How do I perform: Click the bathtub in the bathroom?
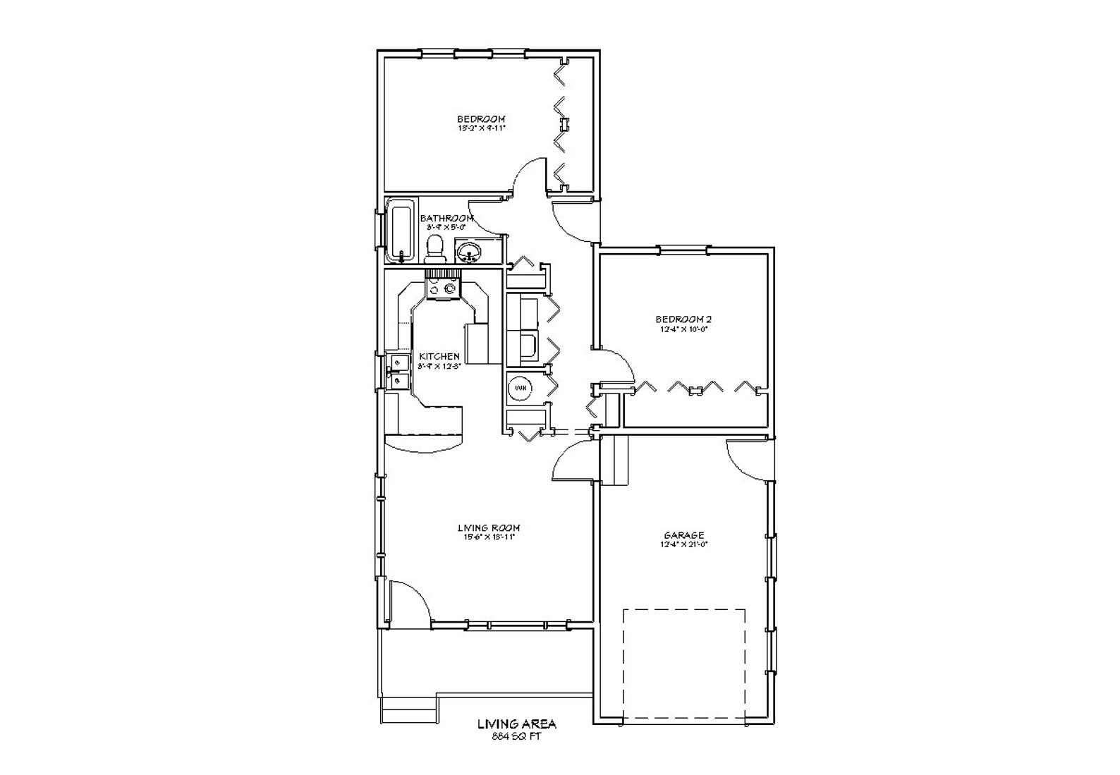click(x=401, y=231)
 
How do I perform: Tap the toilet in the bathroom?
click(x=434, y=248)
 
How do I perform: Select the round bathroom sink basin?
click(x=468, y=250)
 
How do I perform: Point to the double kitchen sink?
click(x=399, y=372)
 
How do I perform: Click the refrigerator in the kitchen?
click(x=477, y=343)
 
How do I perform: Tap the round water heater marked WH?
click(x=521, y=387)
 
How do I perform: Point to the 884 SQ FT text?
click(x=517, y=737)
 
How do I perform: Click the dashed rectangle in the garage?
click(x=683, y=664)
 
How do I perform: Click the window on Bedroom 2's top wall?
click(x=683, y=249)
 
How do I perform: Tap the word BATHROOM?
click(x=446, y=219)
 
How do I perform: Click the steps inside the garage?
click(x=615, y=460)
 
